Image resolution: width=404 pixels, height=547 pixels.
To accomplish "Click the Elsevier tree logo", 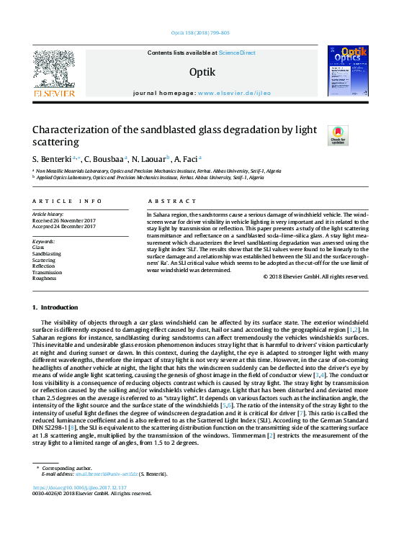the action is click(54, 71).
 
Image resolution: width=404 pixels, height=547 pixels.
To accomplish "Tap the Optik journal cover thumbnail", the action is click(348, 71).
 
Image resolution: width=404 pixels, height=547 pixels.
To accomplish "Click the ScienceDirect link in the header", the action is click(237, 53).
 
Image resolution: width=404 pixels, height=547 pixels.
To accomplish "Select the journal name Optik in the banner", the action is click(202, 72).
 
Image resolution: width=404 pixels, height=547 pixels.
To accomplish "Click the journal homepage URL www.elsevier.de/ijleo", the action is click(234, 94).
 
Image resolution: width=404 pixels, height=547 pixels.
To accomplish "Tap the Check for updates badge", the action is click(338, 135).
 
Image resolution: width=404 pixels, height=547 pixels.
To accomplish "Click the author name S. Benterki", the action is click(53, 158).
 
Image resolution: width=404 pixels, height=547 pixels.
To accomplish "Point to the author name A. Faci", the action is click(187, 158).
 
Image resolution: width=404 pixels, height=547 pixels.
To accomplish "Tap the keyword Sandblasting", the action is click(47, 253).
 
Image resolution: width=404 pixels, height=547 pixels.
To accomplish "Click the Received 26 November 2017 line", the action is click(64, 220).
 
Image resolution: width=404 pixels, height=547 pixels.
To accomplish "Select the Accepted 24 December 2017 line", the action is click(64, 227).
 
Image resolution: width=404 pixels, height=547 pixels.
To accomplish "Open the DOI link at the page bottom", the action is click(79, 487).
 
